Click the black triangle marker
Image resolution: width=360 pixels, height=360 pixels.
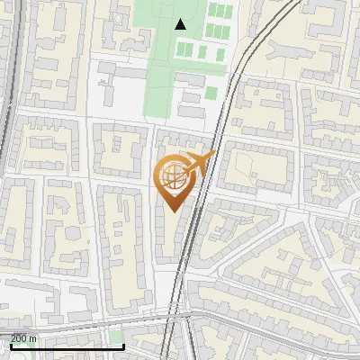tap(181, 24)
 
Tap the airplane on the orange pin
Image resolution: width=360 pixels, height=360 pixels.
tap(198, 165)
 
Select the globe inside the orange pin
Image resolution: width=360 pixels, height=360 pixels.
tap(172, 177)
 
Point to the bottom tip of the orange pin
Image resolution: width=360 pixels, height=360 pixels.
tap(172, 211)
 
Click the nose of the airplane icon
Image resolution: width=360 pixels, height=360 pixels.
tap(214, 155)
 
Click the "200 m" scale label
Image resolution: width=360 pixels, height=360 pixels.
tap(23, 338)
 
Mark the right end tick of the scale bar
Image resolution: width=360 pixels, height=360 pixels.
tap(123, 345)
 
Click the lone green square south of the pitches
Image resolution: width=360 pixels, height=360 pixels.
tap(210, 93)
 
